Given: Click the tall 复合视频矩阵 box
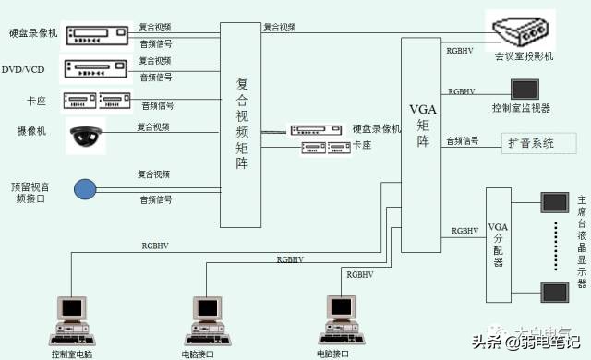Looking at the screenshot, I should pos(241,125).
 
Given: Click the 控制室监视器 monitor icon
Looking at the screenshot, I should pos(525,90).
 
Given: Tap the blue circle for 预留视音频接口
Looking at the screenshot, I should pos(85,189).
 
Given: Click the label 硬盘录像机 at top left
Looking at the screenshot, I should pos(34,33).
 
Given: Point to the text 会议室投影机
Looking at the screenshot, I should pos(524,57).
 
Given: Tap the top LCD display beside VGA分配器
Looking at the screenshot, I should pos(554,201).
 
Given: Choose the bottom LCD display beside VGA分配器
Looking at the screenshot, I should pos(554,293).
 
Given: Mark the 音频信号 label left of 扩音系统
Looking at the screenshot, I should pos(463,140).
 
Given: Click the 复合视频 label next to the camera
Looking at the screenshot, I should pos(154,126).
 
